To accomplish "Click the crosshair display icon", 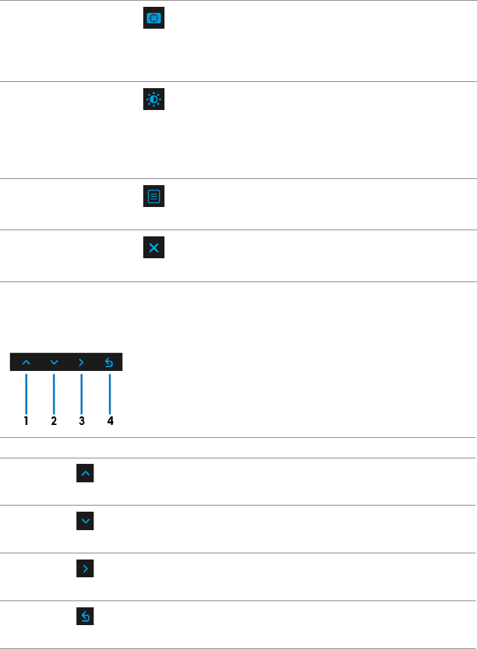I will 154,19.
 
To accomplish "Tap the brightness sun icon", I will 154,100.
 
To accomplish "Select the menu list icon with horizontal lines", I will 154,197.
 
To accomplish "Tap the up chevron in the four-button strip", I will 26,362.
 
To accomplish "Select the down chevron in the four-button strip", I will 54,362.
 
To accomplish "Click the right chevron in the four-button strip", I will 81,362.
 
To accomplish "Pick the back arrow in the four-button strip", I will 109,362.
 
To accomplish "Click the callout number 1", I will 26,421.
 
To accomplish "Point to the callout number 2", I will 54,421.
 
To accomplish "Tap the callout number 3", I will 81,421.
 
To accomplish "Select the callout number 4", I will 109,421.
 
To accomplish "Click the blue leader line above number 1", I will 26,392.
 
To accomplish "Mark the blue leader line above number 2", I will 54,392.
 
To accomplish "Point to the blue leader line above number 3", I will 81,392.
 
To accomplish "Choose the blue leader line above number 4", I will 109,392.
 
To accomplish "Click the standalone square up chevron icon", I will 85,473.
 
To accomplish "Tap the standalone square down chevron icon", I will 85,521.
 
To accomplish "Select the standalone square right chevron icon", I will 85,568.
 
